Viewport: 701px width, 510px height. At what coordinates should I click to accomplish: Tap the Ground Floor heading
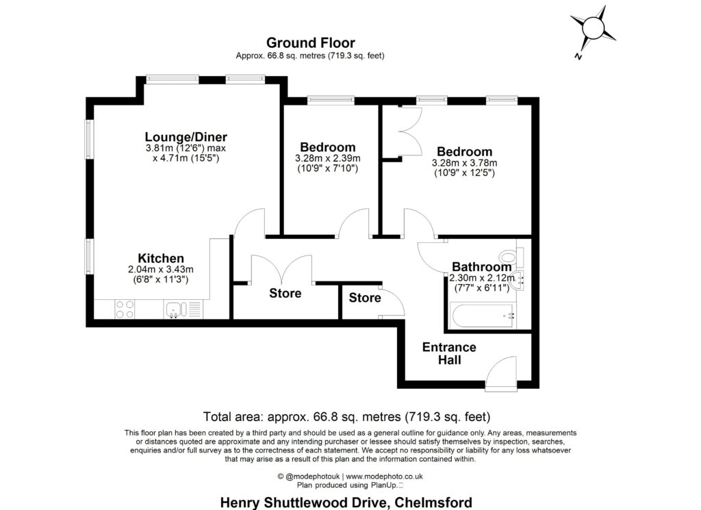click(310, 43)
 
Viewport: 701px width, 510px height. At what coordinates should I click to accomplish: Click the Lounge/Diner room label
click(186, 137)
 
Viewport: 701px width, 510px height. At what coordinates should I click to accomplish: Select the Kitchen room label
click(161, 258)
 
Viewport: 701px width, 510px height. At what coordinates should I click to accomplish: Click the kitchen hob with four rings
click(125, 309)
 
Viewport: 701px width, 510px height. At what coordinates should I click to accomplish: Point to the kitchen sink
click(175, 310)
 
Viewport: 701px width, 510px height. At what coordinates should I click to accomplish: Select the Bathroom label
click(481, 267)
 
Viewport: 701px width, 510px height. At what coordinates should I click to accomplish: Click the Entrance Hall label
click(449, 353)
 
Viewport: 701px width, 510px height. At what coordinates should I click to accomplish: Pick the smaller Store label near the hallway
click(365, 298)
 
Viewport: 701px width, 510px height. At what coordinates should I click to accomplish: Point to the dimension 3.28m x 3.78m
click(465, 163)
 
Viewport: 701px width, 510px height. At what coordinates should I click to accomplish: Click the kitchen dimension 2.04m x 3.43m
click(161, 269)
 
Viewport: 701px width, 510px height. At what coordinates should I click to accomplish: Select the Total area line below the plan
click(347, 416)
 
